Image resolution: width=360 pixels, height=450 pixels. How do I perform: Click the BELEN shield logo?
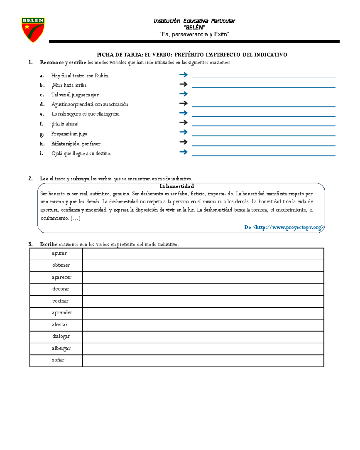33,30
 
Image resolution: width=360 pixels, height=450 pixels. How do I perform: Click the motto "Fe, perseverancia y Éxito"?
194,35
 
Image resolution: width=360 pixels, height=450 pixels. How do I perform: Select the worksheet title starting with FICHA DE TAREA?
192,55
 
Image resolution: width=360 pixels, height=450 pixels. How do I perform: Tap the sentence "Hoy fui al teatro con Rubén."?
80,76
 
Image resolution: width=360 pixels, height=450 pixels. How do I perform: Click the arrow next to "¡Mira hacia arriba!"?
183,84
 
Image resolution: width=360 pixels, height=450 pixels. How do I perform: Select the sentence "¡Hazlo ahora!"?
65,124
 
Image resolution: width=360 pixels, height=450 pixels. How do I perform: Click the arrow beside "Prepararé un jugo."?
183,132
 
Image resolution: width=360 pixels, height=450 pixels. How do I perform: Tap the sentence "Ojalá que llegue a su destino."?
81,153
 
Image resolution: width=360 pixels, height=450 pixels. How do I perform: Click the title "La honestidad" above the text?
177,186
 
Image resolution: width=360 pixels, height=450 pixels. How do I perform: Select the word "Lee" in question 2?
44,179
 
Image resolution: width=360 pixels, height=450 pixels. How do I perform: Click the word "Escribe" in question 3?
49,244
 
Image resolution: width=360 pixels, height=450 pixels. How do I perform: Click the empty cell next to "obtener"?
203,266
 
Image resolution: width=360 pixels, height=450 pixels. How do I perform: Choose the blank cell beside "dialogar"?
203,337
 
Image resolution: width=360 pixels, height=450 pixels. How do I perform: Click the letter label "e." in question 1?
42,114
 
